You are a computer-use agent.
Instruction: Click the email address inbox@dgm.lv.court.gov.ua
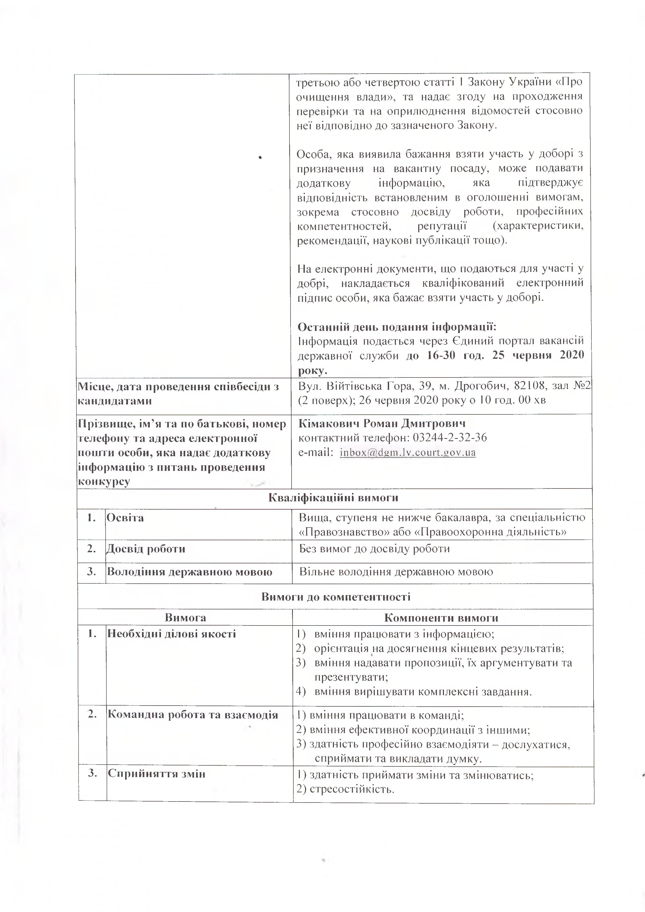[408, 452]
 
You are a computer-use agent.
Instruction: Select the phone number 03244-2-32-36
[450, 438]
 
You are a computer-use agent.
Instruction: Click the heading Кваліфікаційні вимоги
[333, 498]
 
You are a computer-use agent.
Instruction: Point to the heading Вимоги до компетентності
[336, 597]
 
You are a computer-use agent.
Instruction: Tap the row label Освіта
[125, 518]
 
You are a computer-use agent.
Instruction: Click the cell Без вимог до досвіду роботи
[374, 549]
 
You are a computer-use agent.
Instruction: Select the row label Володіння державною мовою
[190, 572]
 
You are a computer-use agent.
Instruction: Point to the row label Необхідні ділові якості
[172, 634]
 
